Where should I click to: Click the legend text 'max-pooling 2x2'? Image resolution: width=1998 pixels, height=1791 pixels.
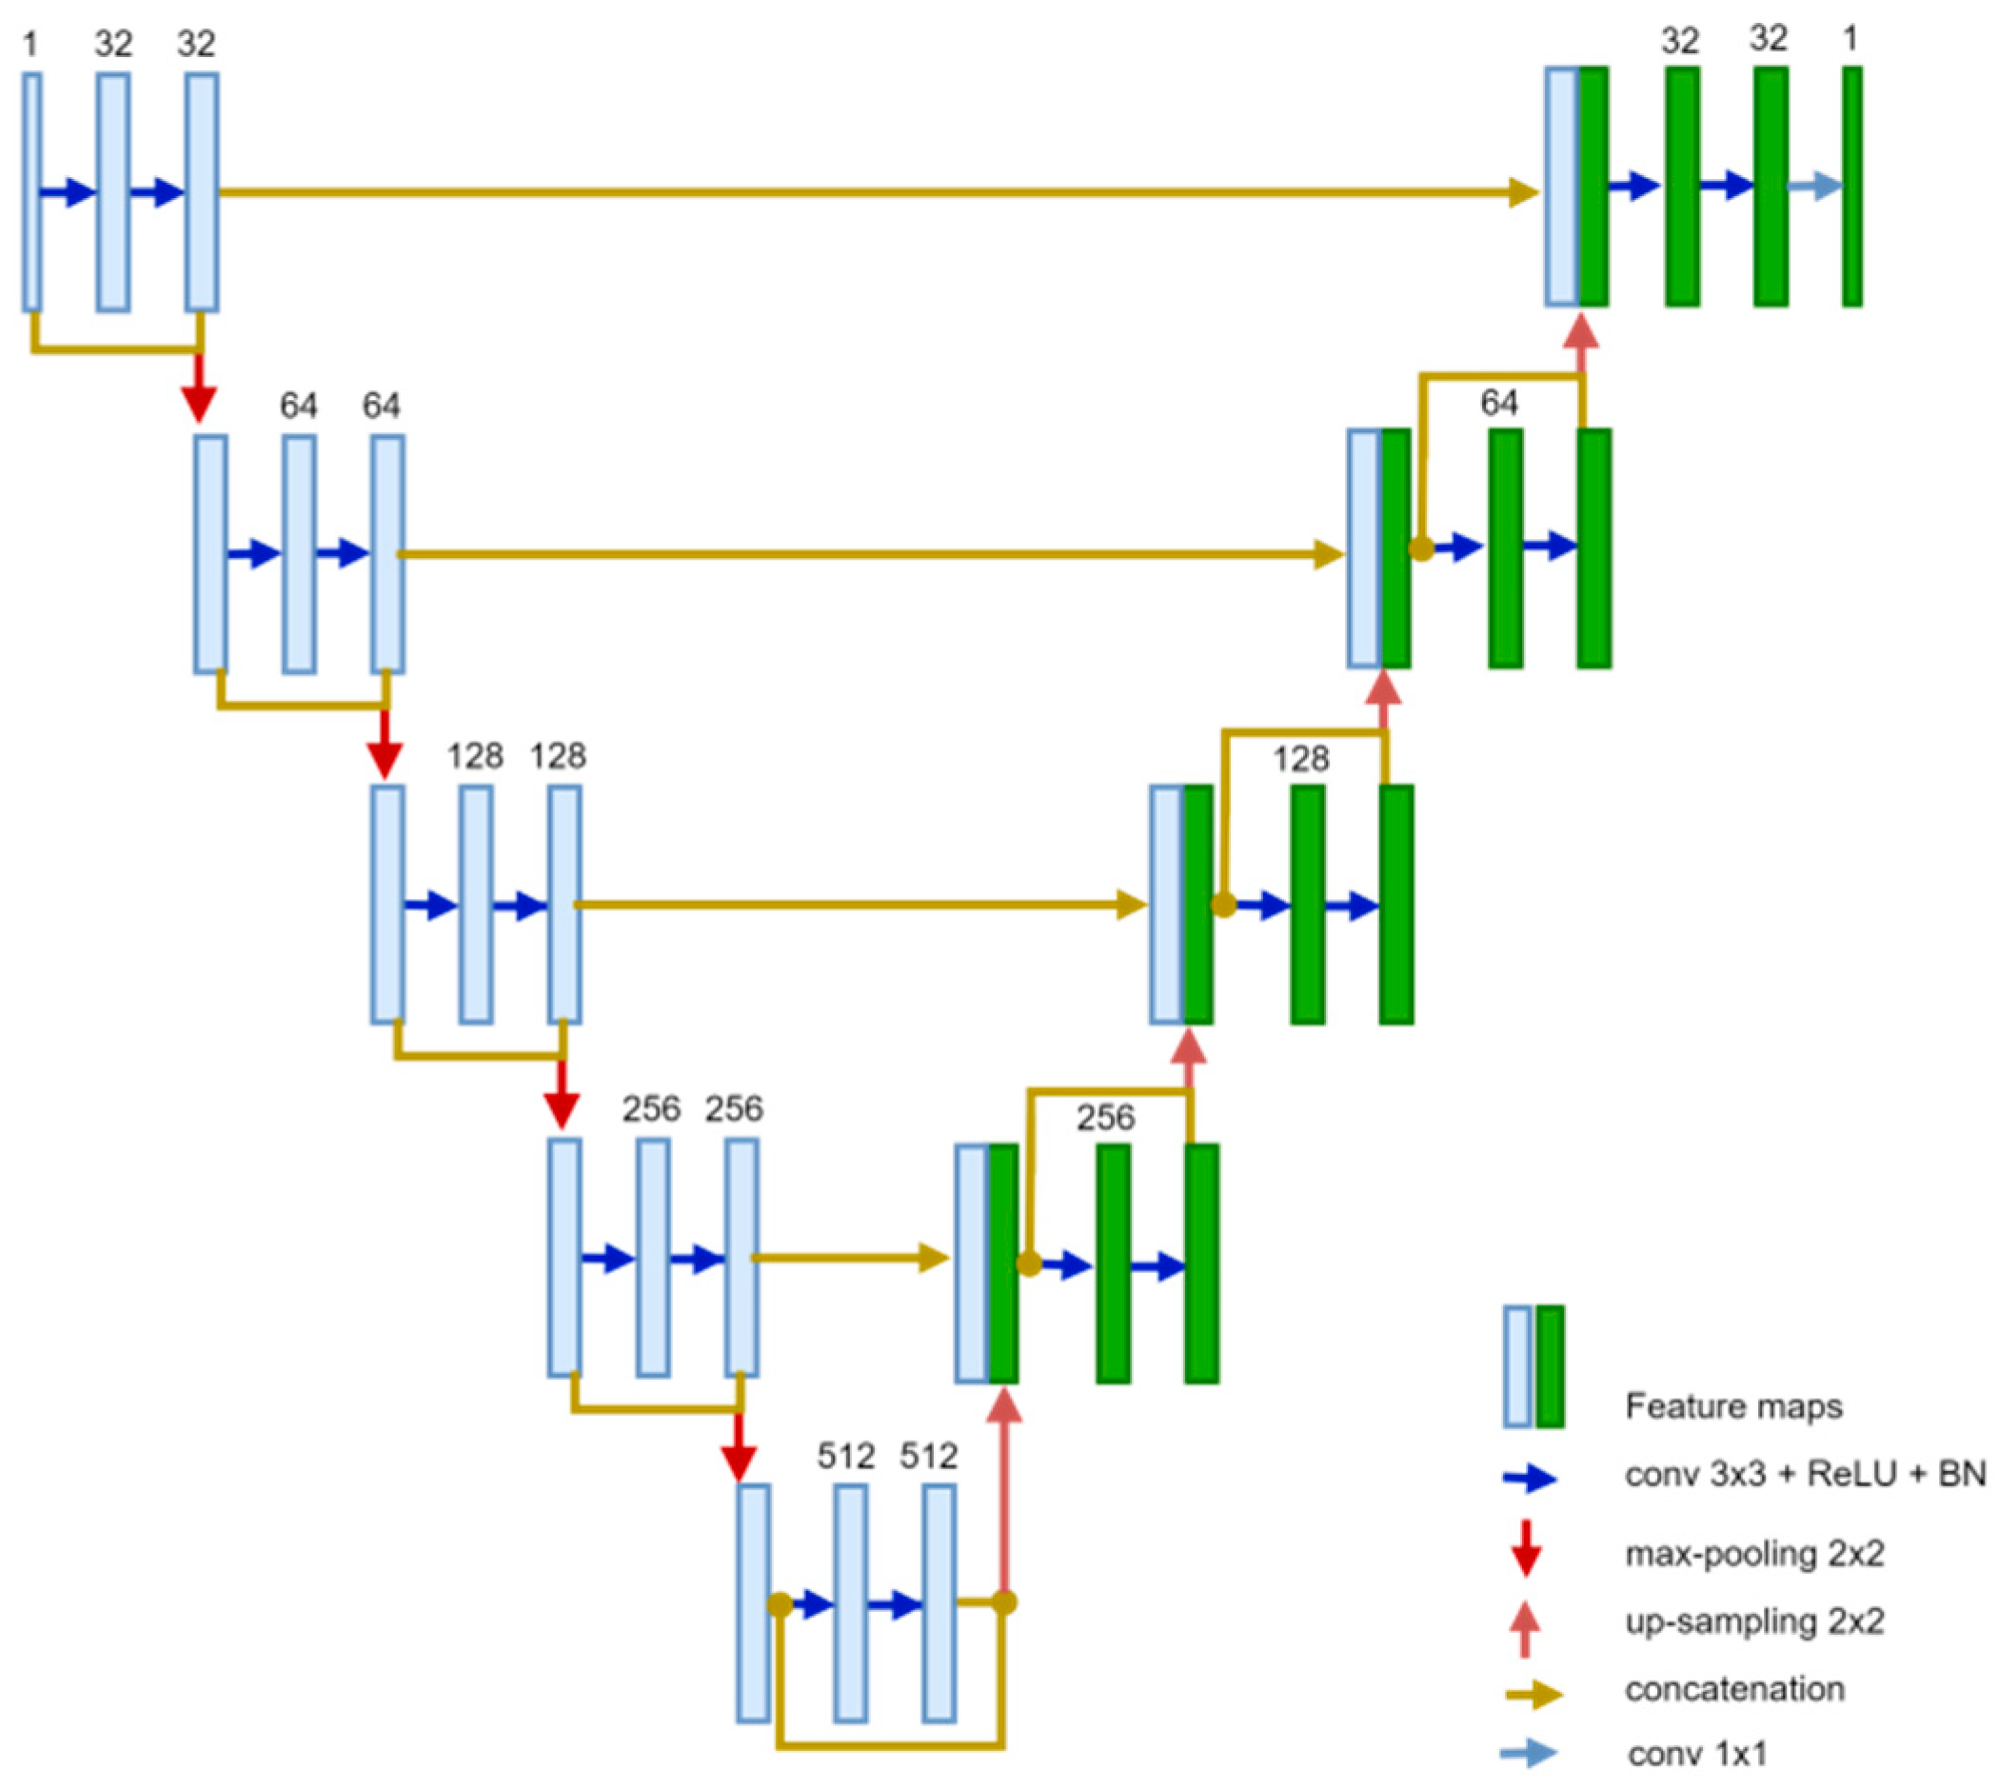tap(1754, 1554)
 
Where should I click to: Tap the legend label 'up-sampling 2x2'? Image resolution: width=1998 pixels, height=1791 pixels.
tap(1754, 1621)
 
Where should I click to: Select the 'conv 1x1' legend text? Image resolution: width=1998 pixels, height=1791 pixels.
tap(1697, 1753)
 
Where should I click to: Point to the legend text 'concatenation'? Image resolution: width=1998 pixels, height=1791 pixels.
tap(1734, 1689)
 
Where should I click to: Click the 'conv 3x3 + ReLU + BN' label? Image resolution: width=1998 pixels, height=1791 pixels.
tap(1805, 1474)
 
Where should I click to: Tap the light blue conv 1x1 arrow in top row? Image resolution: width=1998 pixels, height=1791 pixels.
tap(1814, 186)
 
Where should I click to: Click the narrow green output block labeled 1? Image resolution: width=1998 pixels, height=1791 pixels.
tap(1851, 186)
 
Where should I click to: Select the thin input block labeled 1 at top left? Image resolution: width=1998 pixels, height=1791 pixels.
tap(31, 192)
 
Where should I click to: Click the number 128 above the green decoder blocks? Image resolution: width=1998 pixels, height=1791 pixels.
tap(1300, 759)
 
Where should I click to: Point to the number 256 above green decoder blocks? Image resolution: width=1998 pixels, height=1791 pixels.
tap(1105, 1117)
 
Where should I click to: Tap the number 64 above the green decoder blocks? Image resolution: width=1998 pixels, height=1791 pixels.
tap(1498, 403)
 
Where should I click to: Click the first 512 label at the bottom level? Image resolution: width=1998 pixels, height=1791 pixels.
tap(845, 1456)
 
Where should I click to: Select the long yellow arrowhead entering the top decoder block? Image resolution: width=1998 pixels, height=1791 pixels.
tap(1523, 192)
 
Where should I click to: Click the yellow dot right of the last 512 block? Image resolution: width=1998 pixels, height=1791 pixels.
tap(1003, 1603)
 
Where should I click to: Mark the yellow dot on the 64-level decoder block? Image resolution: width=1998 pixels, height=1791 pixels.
tap(1420, 548)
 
